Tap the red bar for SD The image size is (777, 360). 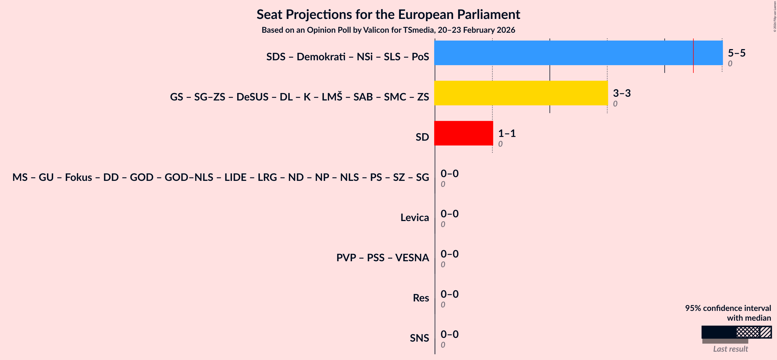click(463, 133)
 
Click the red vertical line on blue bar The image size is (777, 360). click(693, 56)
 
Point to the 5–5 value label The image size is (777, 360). click(736, 53)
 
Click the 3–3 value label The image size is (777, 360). click(621, 93)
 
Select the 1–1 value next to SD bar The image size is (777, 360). click(507, 133)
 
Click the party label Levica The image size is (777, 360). click(414, 217)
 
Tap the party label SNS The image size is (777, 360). click(419, 338)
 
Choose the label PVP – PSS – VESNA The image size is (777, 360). click(382, 258)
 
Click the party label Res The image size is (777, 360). click(420, 298)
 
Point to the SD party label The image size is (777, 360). click(422, 137)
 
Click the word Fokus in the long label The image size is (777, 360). click(78, 177)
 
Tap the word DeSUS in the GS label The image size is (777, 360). click(252, 97)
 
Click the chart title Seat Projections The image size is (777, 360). click(388, 14)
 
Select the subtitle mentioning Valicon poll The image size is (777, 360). click(388, 30)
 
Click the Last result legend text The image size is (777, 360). click(730, 349)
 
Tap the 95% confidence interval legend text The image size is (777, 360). click(728, 308)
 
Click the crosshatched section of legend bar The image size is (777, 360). click(748, 332)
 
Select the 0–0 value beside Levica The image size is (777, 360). click(449, 214)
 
